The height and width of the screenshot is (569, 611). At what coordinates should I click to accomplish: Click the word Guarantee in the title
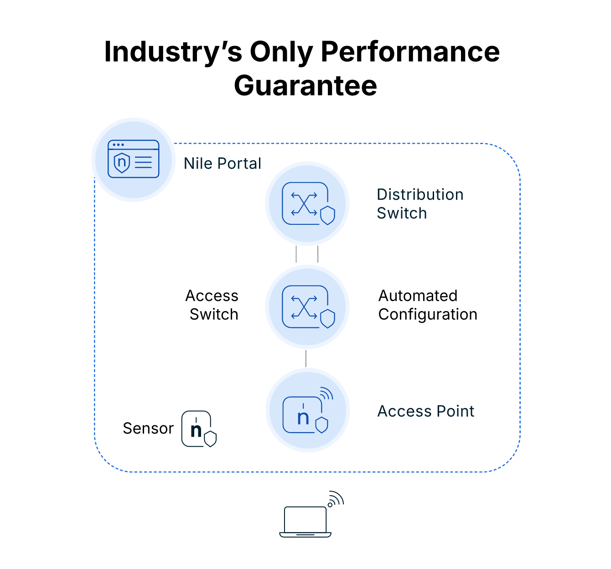click(x=305, y=85)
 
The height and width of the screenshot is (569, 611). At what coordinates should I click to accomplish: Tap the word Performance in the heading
click(x=410, y=52)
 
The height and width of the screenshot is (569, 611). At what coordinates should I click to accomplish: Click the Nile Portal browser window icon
click(x=133, y=159)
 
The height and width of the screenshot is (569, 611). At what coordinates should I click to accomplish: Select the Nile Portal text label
click(x=222, y=163)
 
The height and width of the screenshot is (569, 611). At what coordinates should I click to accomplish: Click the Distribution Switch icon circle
click(x=307, y=204)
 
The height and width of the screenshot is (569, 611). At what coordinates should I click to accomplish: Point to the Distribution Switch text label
click(x=419, y=204)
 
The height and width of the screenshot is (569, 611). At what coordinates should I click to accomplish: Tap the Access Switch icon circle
click(x=307, y=307)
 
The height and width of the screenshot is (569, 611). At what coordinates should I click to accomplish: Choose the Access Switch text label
click(x=212, y=305)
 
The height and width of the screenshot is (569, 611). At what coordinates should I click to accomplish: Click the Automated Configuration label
click(x=427, y=305)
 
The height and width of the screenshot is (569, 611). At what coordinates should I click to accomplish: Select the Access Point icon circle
click(x=307, y=410)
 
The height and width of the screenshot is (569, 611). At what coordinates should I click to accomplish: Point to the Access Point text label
click(x=425, y=411)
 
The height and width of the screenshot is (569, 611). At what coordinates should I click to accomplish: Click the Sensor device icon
click(x=197, y=429)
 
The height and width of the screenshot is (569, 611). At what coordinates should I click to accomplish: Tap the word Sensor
click(x=148, y=429)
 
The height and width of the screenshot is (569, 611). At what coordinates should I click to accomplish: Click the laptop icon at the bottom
click(x=305, y=522)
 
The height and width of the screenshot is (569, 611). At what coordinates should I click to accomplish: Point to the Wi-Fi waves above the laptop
click(x=336, y=499)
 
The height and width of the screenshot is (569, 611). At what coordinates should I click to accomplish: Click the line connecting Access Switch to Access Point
click(x=306, y=358)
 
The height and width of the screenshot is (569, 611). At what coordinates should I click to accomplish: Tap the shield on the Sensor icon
click(x=210, y=439)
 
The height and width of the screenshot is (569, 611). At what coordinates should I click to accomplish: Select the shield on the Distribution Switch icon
click(x=327, y=216)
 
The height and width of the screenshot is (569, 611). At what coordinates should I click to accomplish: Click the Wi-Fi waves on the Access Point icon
click(x=326, y=393)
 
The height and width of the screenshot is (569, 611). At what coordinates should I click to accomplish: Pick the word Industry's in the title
click(x=173, y=52)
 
